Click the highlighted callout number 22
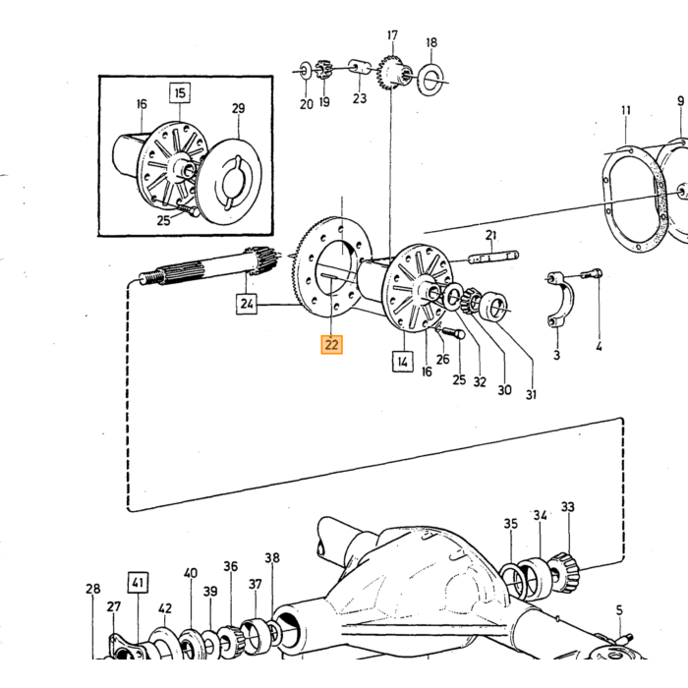(331, 344)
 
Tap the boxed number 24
(247, 304)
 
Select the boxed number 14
(402, 361)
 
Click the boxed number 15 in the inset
(180, 93)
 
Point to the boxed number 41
(138, 582)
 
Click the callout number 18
(431, 42)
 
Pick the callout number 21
(491, 235)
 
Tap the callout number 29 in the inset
(238, 108)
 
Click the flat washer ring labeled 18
(431, 80)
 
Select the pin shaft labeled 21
(493, 258)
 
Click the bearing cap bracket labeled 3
(559, 299)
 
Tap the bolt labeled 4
(591, 274)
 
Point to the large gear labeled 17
(393, 74)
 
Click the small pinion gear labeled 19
(323, 70)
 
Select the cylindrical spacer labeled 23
(360, 68)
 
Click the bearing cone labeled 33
(564, 573)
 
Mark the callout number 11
(626, 110)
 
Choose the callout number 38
(272, 557)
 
